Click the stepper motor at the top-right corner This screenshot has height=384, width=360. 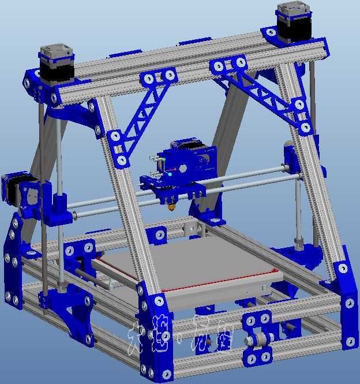(x=295, y=23)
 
